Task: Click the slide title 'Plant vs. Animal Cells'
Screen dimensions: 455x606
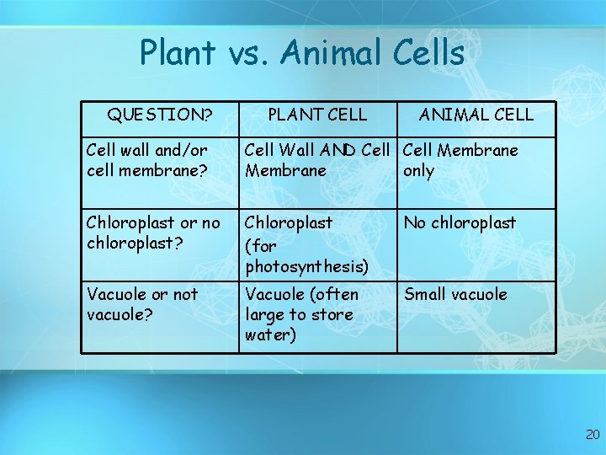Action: click(x=302, y=53)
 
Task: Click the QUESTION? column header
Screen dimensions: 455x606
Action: click(x=159, y=114)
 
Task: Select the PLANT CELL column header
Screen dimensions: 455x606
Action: click(x=316, y=114)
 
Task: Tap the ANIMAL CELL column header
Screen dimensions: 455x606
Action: click(x=476, y=114)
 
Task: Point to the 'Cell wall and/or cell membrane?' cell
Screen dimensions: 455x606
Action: click(x=146, y=160)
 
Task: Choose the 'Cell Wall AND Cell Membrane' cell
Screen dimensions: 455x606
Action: click(x=316, y=160)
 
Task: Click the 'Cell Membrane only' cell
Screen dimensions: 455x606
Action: click(x=460, y=160)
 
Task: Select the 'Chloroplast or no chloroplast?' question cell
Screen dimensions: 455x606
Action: click(x=152, y=233)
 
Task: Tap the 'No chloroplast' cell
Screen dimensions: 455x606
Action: click(x=460, y=222)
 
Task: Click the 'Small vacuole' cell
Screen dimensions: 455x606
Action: click(x=455, y=294)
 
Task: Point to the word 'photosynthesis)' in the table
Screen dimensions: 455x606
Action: click(x=306, y=267)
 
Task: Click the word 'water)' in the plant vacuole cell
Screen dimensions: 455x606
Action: click(x=270, y=335)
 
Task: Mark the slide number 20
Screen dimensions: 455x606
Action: click(x=593, y=435)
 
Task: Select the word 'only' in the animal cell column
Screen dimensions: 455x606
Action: click(x=419, y=170)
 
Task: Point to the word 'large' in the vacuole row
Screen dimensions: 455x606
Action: click(x=264, y=314)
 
